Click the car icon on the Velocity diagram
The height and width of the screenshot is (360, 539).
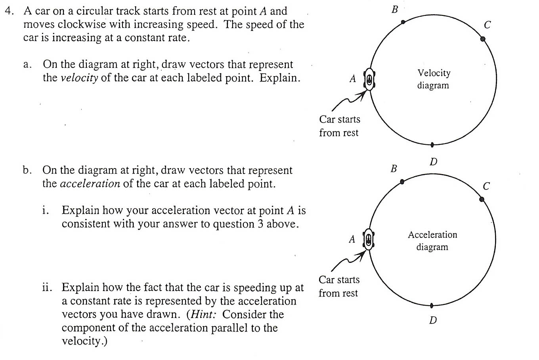point(369,79)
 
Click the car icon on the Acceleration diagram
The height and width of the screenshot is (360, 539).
point(369,239)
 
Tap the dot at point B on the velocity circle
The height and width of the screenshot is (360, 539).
point(403,22)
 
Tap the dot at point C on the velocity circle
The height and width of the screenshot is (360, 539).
point(483,39)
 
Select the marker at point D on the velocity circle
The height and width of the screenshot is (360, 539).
point(432,145)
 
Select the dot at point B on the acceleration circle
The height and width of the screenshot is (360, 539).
point(402,182)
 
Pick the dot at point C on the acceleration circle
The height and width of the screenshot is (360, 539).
point(482,199)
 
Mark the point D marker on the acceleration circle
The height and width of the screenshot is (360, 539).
point(432,305)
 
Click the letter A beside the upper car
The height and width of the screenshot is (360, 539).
point(353,79)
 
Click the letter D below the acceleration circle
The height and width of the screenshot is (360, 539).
point(433,320)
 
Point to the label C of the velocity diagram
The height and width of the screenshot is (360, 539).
point(487,25)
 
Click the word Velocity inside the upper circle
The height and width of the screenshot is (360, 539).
point(434,73)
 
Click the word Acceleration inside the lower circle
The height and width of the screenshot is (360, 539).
point(432,235)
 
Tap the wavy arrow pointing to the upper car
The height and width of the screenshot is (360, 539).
point(349,101)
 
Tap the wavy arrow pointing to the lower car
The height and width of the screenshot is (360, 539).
point(348,261)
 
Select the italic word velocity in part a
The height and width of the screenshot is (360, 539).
point(79,78)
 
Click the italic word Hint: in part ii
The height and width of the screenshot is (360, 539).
point(203,314)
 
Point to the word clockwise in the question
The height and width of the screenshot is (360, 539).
point(82,25)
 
